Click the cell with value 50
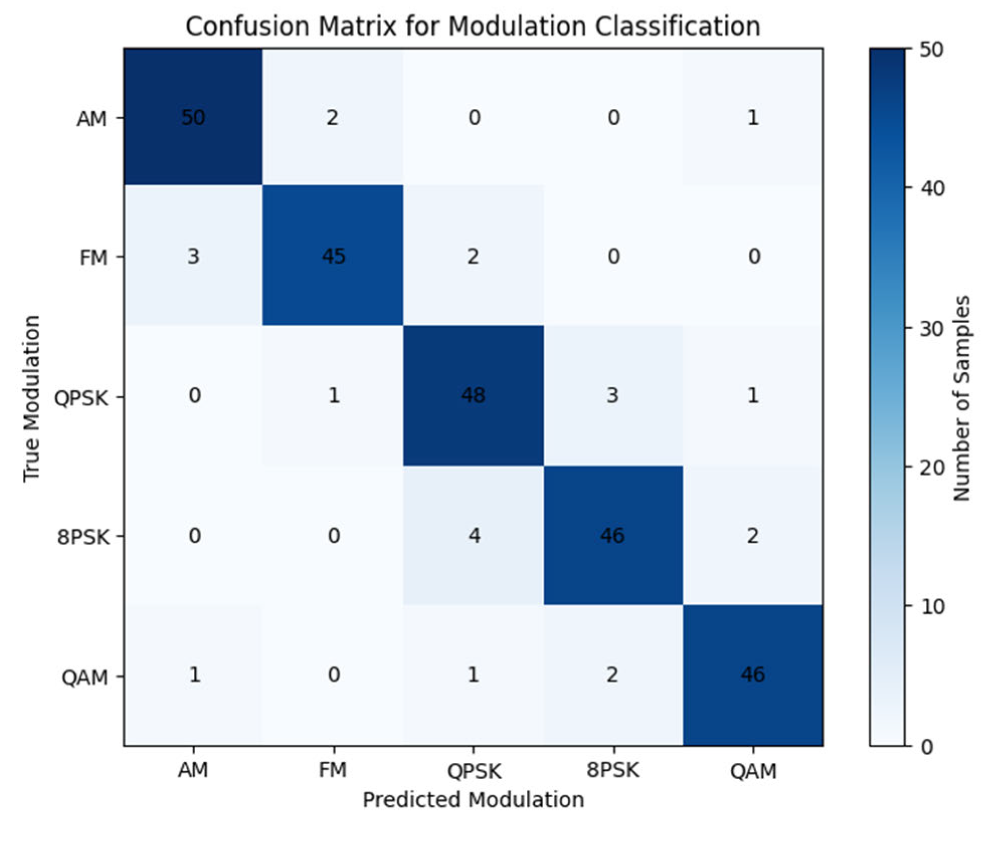tap(193, 117)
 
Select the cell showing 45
tap(333, 256)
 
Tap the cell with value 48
tap(473, 396)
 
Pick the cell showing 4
tap(474, 535)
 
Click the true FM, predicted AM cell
tap(193, 256)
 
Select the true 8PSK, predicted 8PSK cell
tap(612, 535)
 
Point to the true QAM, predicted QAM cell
tap(752, 675)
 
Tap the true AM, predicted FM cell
tap(332, 117)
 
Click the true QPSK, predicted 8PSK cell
tap(612, 396)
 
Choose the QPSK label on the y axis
tap(81, 398)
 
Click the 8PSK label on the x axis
tap(612, 770)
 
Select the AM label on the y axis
tap(91, 119)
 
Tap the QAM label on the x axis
tap(753, 771)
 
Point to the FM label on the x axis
tap(333, 770)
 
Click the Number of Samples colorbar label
tap(961, 398)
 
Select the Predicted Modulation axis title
tap(473, 800)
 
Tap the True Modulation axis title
tap(32, 398)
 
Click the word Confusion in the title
tap(247, 26)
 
